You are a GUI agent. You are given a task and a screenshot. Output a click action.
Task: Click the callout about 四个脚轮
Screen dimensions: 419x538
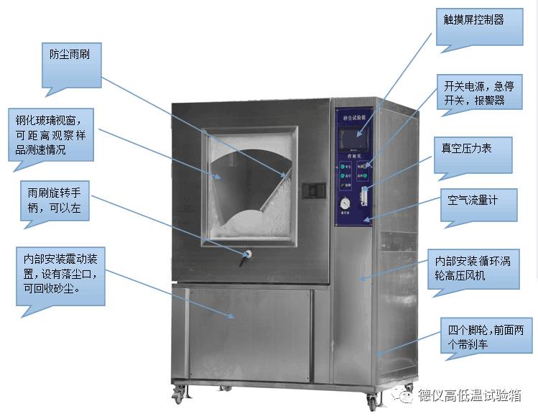488,336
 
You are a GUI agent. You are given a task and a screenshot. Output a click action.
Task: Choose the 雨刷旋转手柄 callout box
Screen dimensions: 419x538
55,201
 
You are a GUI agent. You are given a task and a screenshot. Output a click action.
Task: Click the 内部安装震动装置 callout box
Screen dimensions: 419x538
62,272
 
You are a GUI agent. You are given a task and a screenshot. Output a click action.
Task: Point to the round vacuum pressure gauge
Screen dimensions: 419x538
346,203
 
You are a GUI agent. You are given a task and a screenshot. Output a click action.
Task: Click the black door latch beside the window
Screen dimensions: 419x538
312,190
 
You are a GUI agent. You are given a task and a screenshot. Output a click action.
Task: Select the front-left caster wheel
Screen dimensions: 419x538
178,394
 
